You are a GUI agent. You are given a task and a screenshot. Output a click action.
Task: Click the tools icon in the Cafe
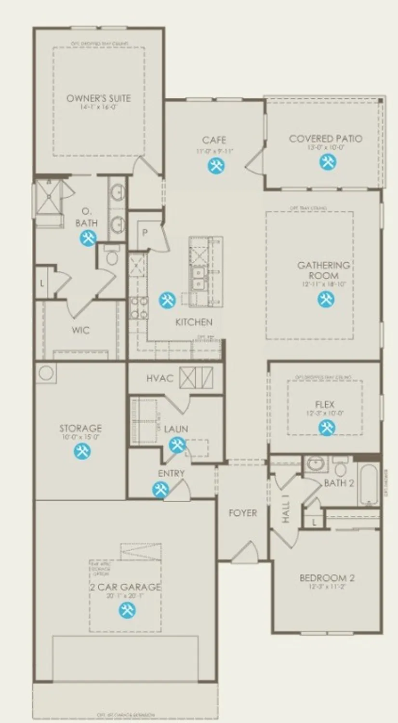coord(216,166)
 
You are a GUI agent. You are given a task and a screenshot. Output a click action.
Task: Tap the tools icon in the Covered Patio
coord(328,162)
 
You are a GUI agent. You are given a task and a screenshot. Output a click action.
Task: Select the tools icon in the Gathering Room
coord(326,300)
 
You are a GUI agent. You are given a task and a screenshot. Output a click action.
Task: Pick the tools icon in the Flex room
coord(327,427)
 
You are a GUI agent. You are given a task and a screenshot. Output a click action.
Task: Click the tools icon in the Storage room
coord(81,451)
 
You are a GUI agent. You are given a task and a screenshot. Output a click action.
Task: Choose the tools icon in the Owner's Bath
coord(88,238)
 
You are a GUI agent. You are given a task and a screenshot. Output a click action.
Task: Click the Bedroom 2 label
coord(323,578)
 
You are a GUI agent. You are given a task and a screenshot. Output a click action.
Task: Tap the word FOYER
coord(242,513)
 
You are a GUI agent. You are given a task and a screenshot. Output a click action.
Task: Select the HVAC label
coord(159,378)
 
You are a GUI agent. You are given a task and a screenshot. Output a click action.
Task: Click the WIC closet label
coord(80,331)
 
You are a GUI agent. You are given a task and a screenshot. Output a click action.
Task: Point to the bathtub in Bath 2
coord(368,484)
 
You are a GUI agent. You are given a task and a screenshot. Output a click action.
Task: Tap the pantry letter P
coord(144,232)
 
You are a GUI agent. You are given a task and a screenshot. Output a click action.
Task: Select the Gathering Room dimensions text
coord(324,284)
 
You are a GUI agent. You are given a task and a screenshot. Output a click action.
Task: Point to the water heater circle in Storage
coord(46,373)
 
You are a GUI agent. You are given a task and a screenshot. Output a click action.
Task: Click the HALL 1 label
coord(285,512)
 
